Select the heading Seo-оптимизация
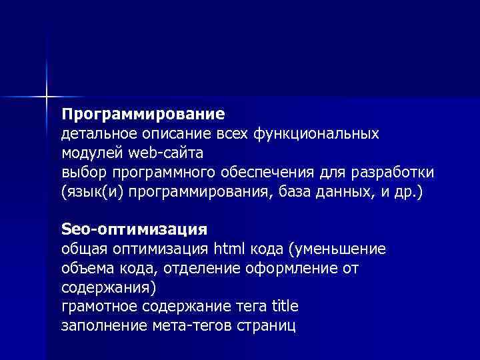(x=134, y=229)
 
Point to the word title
(x=285, y=307)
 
